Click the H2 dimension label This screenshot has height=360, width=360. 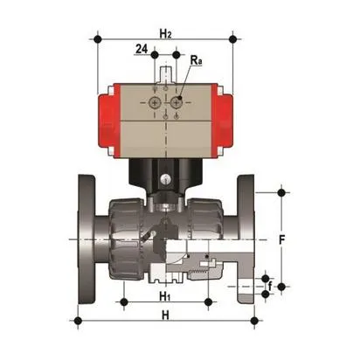[x=164, y=32]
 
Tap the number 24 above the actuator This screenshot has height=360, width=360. [x=141, y=51]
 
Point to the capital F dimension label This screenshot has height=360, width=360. [x=280, y=238]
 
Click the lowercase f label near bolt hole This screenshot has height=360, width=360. [x=269, y=285]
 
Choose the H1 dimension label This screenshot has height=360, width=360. [x=164, y=296]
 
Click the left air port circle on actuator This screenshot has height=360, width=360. [x=155, y=103]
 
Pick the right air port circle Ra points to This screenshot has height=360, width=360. [x=177, y=103]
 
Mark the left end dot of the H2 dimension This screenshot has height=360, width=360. [x=97, y=39]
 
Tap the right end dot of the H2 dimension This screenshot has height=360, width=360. [x=232, y=39]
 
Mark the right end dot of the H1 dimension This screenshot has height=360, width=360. [x=207, y=303]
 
